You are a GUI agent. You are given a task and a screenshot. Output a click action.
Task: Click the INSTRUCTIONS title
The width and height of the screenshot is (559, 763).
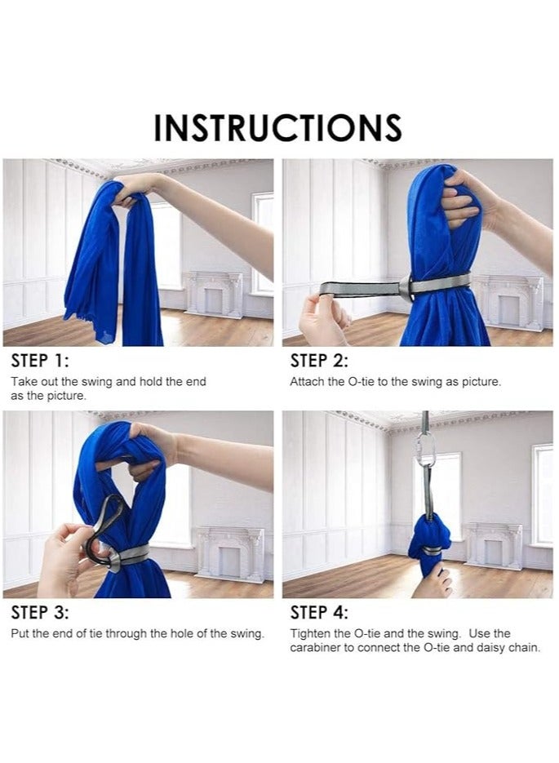pos(277,127)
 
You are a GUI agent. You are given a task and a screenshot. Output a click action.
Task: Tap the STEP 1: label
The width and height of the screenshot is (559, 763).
pos(40,361)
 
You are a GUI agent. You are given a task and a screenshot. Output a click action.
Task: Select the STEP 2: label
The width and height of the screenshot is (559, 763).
pos(319,361)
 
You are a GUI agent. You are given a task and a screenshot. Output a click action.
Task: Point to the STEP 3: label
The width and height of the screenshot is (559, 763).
pos(40,612)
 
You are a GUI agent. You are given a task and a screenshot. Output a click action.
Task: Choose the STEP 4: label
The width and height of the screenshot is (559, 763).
pos(319,612)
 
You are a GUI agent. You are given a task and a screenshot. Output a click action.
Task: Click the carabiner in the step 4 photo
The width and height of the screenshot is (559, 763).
pos(424,450)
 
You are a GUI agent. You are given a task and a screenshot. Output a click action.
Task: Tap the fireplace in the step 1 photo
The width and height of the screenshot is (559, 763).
pos(213,294)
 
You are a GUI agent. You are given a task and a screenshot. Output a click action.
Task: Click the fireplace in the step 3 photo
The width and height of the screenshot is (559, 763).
pos(231,554)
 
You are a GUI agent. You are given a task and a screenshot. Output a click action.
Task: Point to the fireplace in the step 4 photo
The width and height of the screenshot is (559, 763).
pos(494,546)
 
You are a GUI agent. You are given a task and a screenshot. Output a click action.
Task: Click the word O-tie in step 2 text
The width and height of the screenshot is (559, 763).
pos(362,382)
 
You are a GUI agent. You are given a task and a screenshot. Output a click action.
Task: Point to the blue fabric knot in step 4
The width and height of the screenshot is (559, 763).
pos(429,538)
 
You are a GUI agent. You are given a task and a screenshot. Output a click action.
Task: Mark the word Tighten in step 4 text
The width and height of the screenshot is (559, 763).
pos(308,633)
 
